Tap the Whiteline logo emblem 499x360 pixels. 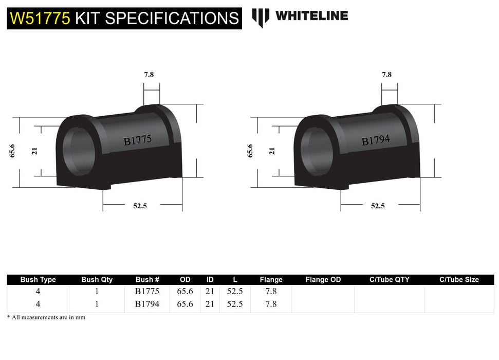261,17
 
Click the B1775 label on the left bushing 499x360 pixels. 137,140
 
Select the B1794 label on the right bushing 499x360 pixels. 375,140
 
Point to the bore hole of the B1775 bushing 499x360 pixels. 78,150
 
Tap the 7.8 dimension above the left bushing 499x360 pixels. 149,74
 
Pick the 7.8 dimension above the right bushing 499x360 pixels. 386,74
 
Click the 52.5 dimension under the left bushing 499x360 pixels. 140,206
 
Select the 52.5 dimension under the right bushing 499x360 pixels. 378,206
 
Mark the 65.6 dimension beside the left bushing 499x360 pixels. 12,151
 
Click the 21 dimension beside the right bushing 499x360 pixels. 272,151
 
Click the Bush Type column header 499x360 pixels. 38,280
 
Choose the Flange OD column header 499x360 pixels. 323,280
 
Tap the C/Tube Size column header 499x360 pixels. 459,280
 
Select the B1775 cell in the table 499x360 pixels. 147,291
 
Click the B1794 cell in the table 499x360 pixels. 147,304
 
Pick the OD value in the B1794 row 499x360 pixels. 185,304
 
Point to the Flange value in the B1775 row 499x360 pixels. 271,291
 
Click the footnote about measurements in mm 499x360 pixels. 46,317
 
